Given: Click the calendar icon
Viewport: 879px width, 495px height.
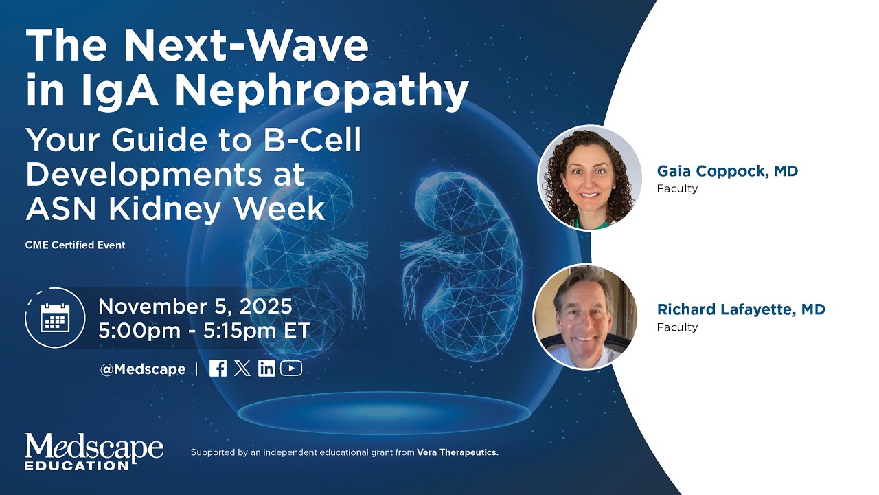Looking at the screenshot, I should pyautogui.click(x=55, y=318).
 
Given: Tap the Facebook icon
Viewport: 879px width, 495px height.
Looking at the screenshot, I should pyautogui.click(x=218, y=368).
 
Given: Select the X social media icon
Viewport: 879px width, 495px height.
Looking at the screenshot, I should pyautogui.click(x=242, y=368).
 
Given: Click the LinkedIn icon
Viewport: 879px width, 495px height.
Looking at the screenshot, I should pyautogui.click(x=266, y=368).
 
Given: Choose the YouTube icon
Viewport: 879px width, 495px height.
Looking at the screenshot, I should pyautogui.click(x=291, y=368).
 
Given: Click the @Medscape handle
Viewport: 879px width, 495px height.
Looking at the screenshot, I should pyautogui.click(x=143, y=369).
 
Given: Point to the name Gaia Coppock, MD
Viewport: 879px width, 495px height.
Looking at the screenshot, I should pyautogui.click(x=727, y=171).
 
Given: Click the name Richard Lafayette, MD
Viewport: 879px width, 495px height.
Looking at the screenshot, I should pyautogui.click(x=741, y=309).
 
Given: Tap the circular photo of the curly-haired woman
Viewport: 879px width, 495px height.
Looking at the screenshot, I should pyautogui.click(x=589, y=177).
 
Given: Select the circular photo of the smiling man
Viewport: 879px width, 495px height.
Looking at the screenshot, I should pyautogui.click(x=585, y=316).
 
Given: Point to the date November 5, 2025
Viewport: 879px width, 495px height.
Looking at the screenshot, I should pyautogui.click(x=196, y=306).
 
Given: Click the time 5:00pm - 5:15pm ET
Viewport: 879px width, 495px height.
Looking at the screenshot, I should pyautogui.click(x=204, y=330).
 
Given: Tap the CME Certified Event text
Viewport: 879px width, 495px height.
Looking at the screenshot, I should pyautogui.click(x=76, y=245).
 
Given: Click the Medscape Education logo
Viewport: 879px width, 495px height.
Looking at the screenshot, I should pyautogui.click(x=94, y=452).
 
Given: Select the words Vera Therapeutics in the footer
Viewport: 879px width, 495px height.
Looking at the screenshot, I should pyautogui.click(x=457, y=452).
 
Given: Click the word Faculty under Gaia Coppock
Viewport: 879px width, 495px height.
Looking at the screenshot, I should pyautogui.click(x=677, y=188).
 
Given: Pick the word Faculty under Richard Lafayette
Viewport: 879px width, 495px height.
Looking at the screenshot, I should pyautogui.click(x=677, y=327).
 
